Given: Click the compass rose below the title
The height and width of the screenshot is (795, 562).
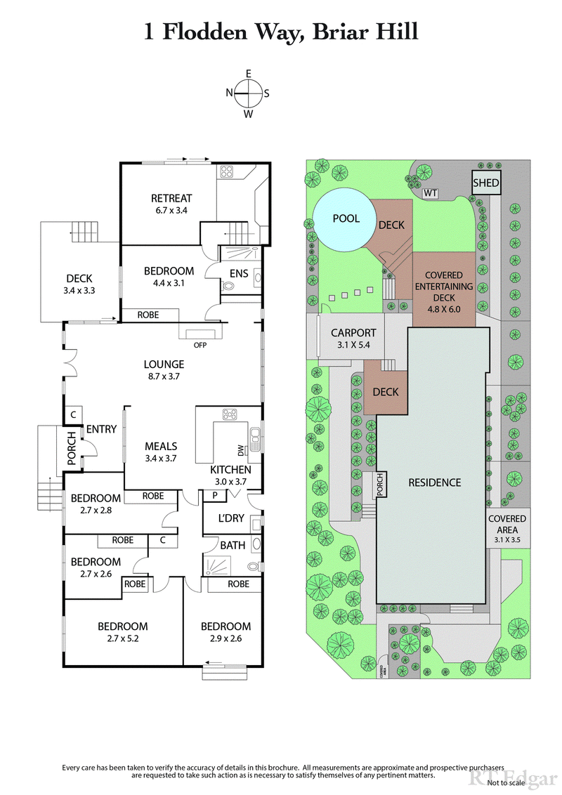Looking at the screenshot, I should tap(248, 93).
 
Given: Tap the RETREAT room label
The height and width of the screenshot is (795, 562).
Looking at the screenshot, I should tap(171, 204).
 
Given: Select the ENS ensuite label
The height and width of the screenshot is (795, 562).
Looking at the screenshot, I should tap(239, 273).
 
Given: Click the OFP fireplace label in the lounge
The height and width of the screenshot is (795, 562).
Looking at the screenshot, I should tap(200, 345).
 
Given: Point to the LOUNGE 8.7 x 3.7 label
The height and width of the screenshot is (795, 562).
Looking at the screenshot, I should tap(164, 370).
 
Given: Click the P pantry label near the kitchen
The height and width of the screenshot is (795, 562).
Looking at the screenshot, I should tap(215, 495).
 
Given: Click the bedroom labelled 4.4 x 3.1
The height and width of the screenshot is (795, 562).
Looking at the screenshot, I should tap(169, 277).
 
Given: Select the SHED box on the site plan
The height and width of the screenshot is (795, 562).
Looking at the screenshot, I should tap(485, 183).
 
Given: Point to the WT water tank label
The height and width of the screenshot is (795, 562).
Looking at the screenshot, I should tap(429, 193).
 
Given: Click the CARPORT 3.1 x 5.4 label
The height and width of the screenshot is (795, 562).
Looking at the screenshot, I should tap(353, 339).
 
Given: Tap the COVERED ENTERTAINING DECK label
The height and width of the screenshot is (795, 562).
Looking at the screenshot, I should tap(443, 287).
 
